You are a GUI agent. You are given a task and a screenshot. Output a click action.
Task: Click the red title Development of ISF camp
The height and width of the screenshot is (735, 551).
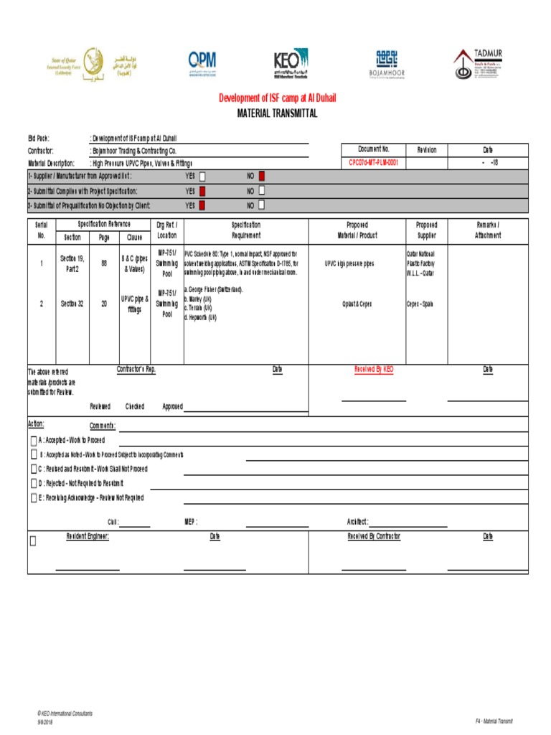tap(277, 98)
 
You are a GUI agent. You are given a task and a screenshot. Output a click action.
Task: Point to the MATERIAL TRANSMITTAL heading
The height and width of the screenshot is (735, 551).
tap(277, 113)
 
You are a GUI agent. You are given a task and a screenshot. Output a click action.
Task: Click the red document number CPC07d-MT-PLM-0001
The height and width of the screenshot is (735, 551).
tap(373, 163)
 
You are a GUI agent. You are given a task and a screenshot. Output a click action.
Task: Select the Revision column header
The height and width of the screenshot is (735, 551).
tap(421, 150)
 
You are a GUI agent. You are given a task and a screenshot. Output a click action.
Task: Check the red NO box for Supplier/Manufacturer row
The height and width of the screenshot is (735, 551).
tap(261, 176)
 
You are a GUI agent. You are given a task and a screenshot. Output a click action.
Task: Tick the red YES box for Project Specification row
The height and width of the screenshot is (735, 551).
tap(202, 191)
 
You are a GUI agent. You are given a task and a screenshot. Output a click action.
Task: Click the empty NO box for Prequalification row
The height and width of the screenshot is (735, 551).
tap(261, 205)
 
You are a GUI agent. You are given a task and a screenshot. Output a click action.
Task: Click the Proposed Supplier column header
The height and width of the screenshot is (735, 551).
tap(427, 230)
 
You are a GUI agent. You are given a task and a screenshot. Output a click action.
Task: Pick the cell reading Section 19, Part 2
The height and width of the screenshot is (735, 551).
tap(72, 263)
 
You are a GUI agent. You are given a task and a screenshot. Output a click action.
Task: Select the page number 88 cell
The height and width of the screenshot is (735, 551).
tap(104, 263)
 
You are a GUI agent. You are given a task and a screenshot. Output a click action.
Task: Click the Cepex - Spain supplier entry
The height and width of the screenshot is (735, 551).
tap(420, 304)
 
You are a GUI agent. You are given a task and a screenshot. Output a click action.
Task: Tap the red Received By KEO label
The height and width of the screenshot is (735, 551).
tap(374, 369)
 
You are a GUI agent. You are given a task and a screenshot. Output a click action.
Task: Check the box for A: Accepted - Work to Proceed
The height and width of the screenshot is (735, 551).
tap(34, 440)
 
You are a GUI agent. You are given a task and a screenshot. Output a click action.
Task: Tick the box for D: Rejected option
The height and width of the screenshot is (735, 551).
tap(34, 483)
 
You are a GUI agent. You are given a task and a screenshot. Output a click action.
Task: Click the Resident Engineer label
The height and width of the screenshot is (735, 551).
tap(88, 536)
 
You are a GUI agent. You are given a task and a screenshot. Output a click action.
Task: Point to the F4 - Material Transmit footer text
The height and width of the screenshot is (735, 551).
tap(494, 721)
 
